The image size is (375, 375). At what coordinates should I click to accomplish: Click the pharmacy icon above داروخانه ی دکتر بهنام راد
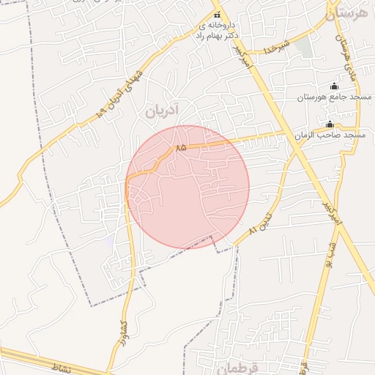pyautogui.click(x=216, y=15)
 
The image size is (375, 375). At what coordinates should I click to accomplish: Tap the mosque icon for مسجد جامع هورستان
pyautogui.click(x=335, y=86)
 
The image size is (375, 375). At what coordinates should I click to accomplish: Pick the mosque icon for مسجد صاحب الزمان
pyautogui.click(x=330, y=124)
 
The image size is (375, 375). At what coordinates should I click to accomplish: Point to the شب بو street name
pyautogui.click(x=331, y=250)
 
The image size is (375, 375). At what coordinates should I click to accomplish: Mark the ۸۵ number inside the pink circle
pyautogui.click(x=180, y=147)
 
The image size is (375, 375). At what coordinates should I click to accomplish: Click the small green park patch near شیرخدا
pyautogui.click(x=303, y=47)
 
